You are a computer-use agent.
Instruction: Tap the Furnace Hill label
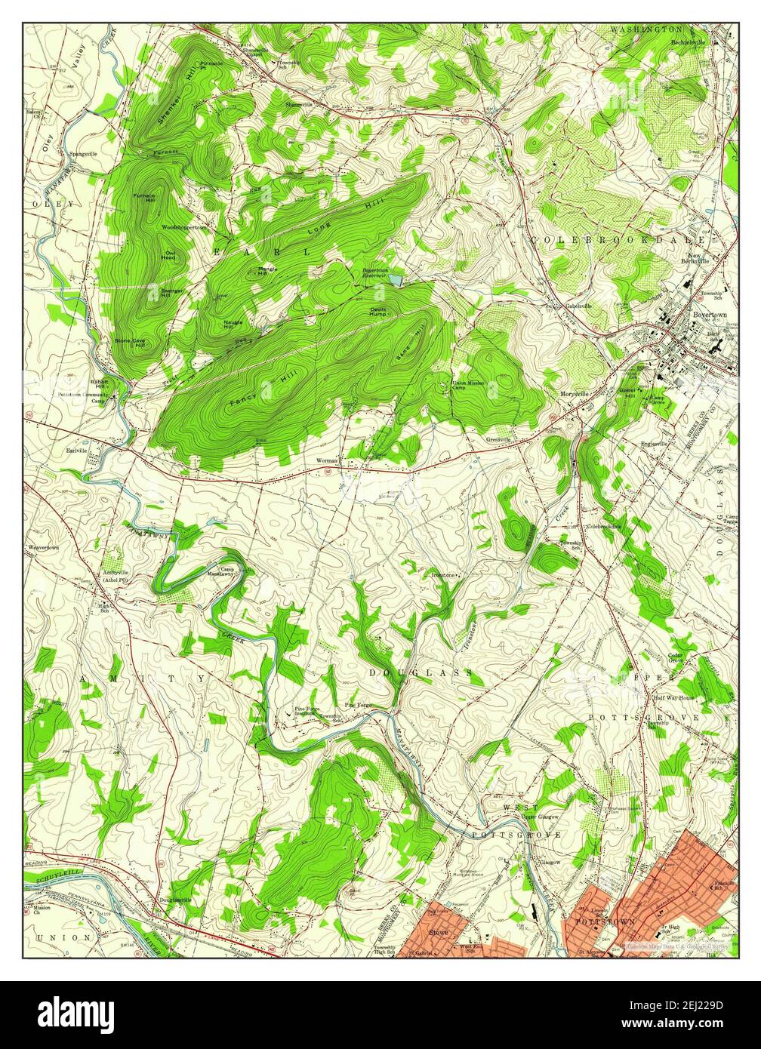tap(144, 198)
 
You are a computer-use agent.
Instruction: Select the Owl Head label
tap(168, 256)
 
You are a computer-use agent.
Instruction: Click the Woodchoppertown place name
tap(183, 226)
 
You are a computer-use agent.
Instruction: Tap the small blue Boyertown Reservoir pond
tap(394, 281)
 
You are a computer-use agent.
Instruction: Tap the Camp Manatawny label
tap(227, 572)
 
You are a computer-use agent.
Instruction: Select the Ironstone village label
tap(442, 575)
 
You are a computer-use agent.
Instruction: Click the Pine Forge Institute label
tap(306, 712)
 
